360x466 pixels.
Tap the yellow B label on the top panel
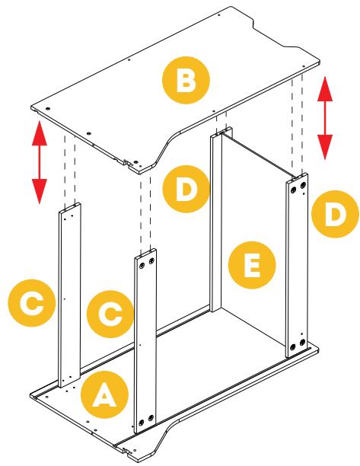click(186, 80)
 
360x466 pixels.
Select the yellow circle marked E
click(252, 265)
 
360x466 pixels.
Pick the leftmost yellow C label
click(32, 303)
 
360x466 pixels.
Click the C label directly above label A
click(110, 314)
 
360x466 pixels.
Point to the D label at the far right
click(335, 214)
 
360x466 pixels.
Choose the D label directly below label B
click(186, 189)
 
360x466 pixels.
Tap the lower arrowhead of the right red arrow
click(325, 147)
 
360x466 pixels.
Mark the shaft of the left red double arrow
click(40, 162)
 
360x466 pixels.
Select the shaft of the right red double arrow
click(325, 118)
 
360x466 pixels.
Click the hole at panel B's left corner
click(48, 108)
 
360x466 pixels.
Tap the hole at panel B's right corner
click(303, 66)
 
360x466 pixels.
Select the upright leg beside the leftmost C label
click(70, 295)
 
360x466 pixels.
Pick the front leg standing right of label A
click(145, 341)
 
